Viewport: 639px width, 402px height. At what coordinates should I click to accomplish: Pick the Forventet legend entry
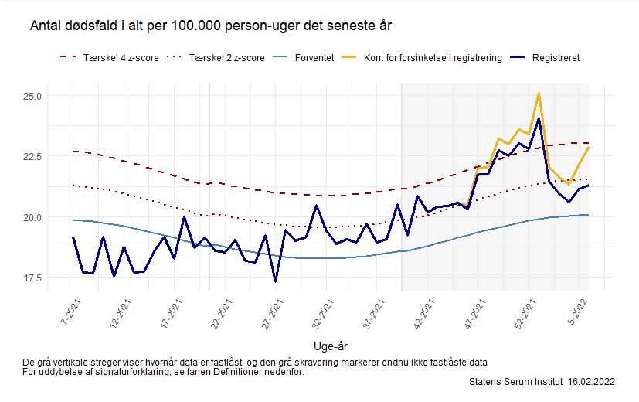coord(314,58)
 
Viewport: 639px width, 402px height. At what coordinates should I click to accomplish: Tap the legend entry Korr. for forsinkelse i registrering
coord(434,58)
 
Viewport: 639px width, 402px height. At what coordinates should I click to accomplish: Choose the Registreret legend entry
coord(556,58)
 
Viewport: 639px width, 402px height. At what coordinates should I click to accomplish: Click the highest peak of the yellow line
coord(539,94)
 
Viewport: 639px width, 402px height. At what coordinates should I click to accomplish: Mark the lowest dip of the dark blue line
coord(275,281)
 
